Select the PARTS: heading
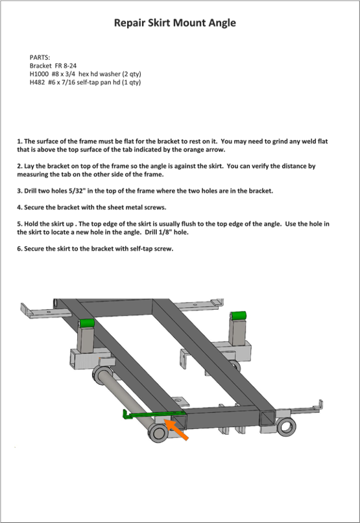tap(40, 58)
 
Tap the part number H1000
tap(39, 74)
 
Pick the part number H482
tap(38, 82)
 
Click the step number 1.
tap(19, 141)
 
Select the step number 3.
tap(19, 191)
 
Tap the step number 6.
tap(19, 248)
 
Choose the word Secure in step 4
tap(34, 207)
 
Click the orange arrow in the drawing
tap(177, 430)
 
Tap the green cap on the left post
tap(86, 323)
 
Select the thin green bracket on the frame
tap(152, 415)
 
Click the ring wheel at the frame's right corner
tap(286, 426)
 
